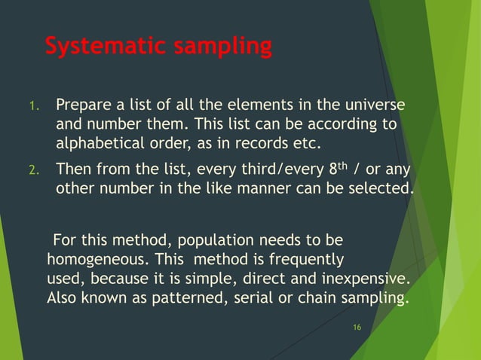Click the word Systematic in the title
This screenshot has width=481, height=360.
coord(106,47)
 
